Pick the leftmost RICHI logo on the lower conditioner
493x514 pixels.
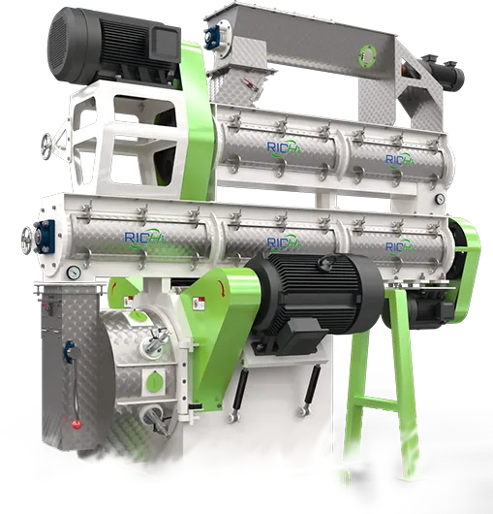click(x=136, y=232)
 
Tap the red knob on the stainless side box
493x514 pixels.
click(x=72, y=424)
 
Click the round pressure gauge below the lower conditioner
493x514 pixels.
click(x=73, y=274)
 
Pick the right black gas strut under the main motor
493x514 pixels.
click(x=310, y=393)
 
